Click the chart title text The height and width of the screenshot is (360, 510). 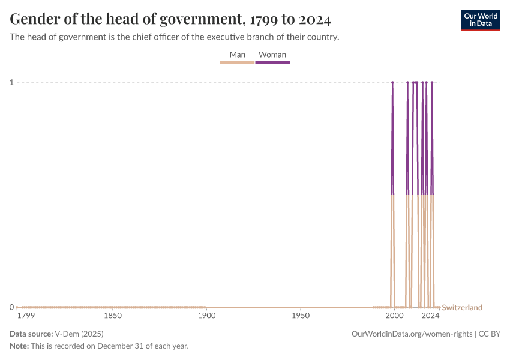170,19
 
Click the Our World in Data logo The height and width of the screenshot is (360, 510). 480,20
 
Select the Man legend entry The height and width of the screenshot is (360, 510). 238,55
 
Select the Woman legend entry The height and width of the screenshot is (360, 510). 272,55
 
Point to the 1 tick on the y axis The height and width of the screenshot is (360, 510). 11,82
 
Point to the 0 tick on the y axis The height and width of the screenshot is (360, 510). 11,307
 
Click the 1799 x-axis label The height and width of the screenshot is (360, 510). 26,316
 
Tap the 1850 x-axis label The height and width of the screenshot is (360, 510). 112,316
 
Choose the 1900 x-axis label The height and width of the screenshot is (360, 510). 206,316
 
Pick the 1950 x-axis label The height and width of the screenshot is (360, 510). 300,316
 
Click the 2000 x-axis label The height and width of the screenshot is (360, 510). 394,316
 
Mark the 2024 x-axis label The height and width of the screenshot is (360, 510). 430,316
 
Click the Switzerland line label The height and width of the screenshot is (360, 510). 462,308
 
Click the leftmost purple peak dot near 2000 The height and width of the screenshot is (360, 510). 392,82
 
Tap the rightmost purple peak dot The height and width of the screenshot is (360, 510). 432,82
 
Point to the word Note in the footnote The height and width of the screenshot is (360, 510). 19,346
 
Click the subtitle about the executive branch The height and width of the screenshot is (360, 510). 175,37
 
